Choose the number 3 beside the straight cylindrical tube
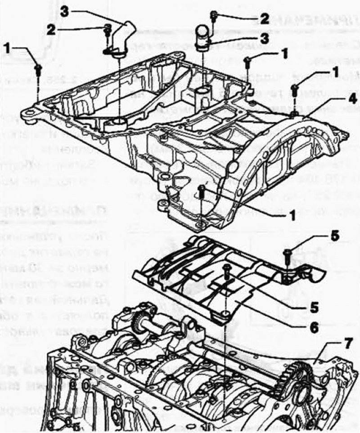[x=267, y=38]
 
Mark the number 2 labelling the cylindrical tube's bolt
[x=265, y=18]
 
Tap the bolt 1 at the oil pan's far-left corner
[x=38, y=68]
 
